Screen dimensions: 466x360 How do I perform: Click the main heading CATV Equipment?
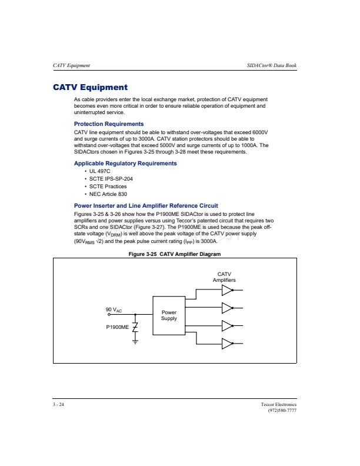point(90,88)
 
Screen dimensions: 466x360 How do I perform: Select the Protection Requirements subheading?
point(109,124)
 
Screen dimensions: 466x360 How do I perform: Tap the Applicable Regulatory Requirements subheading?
point(125,163)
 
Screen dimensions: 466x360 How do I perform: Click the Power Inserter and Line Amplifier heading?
point(146,205)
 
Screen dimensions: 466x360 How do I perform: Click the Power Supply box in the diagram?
point(169,316)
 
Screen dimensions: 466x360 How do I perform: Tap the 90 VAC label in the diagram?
point(114,309)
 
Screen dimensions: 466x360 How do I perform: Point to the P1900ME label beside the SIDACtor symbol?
point(118,326)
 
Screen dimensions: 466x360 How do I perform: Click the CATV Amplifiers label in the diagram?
point(224,277)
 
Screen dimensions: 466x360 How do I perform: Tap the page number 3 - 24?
point(58,405)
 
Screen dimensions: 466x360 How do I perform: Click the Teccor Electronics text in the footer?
point(279,405)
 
